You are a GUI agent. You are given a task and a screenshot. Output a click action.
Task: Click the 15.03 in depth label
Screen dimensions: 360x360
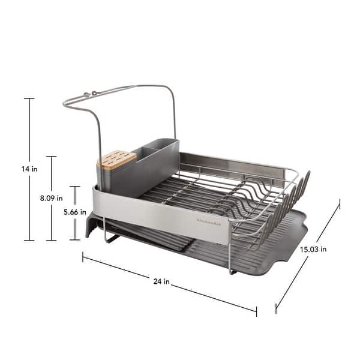tap(314, 249)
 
